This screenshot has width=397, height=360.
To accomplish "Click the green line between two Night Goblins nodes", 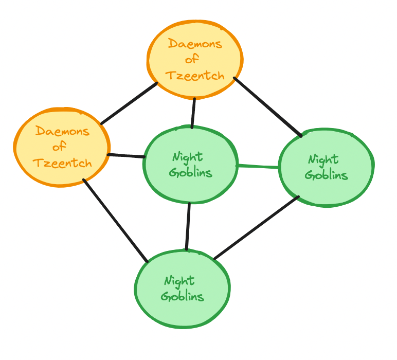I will tap(258, 166).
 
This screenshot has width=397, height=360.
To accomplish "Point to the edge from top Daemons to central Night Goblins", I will tap(193, 113).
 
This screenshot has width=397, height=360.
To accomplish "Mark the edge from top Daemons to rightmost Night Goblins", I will tap(267, 107).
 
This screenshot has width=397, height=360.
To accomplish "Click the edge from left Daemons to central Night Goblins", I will tap(126, 155).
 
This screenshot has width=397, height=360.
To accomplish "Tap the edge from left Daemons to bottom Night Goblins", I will tap(115, 221).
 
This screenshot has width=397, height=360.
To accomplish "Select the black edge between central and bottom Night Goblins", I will tap(188, 226).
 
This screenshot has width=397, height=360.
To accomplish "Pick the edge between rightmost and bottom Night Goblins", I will tap(256, 228).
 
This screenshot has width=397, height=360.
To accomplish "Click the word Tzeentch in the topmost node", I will tap(195, 76).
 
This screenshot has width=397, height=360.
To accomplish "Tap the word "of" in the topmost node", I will tap(192, 60).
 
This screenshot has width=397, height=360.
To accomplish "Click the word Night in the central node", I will tap(187, 156).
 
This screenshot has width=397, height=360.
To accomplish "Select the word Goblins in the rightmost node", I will tap(326, 175).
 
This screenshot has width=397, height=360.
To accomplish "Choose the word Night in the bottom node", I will tap(179, 281).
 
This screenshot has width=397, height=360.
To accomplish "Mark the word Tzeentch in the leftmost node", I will tap(62, 164).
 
